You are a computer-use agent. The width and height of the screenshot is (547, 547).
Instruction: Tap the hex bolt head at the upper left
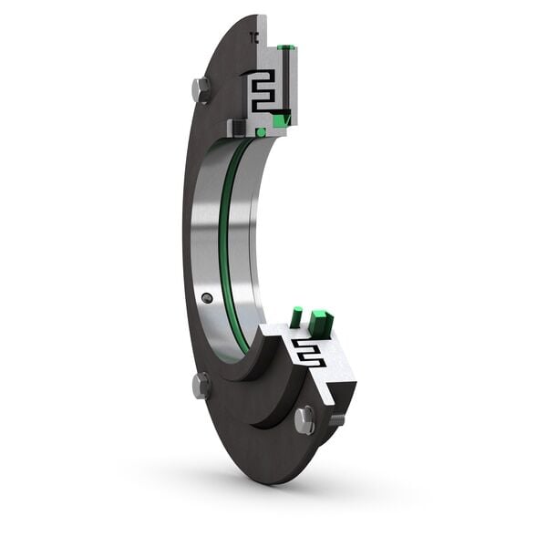tap(201, 89)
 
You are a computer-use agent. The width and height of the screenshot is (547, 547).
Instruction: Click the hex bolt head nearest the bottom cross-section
tap(304, 419)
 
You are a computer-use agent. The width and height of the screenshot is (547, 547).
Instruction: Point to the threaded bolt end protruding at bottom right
tap(336, 419)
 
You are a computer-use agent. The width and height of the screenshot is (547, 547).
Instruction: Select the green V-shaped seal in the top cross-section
tap(284, 117)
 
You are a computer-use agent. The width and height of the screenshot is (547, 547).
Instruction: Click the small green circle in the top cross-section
tap(262, 132)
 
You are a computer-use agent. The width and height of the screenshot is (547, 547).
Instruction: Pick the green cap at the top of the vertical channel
tap(285, 46)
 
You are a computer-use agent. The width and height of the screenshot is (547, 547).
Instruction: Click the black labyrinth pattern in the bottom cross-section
tap(307, 352)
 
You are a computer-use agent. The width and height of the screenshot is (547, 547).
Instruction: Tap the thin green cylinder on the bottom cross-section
tap(296, 318)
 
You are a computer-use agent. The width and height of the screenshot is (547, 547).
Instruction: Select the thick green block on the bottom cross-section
tap(320, 322)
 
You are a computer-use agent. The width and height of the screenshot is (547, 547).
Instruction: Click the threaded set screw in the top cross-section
tap(239, 127)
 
